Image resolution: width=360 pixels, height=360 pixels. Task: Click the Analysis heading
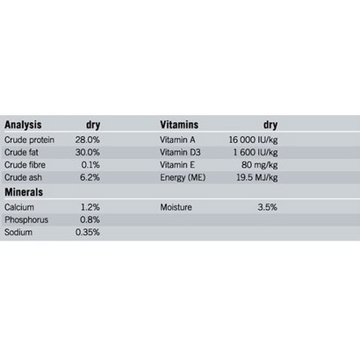coord(23,125)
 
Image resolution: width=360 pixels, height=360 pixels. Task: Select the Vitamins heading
coord(179,125)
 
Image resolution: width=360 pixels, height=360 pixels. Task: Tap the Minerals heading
coord(24,192)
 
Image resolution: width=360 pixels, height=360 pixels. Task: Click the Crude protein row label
coord(29,140)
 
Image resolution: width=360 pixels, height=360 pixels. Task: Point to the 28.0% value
coord(88,140)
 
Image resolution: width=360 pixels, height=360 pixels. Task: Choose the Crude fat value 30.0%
coord(88,153)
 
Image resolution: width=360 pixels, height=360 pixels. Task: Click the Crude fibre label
coord(25,165)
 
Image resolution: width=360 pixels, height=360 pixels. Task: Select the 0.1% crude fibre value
coord(90,165)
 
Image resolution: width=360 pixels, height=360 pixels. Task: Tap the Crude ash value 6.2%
coord(90,177)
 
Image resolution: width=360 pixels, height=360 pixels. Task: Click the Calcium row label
coord(19,207)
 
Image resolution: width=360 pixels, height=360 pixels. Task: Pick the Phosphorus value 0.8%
coord(90,220)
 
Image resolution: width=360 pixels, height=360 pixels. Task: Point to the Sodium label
coord(18,233)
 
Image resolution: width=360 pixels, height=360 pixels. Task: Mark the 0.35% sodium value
coord(88,233)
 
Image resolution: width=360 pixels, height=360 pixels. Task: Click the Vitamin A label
coord(177,140)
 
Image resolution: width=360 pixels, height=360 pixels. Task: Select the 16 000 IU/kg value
coord(253,140)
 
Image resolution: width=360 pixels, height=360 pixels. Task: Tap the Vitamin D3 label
coord(180,153)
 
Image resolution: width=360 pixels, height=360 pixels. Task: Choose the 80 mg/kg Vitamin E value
coord(260,165)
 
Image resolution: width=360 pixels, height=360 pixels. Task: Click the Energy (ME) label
coord(183,177)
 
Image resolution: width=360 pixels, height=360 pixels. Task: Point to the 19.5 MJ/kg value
coord(257,177)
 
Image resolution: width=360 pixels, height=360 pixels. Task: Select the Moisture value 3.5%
coord(268,207)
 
